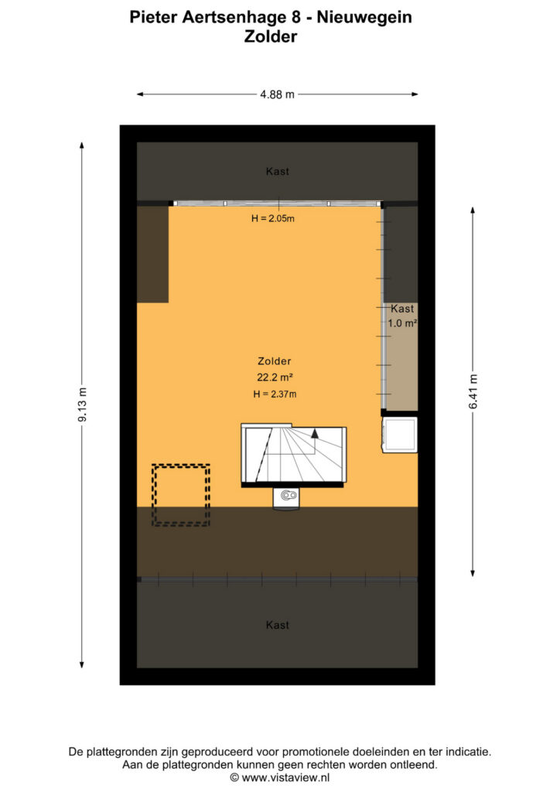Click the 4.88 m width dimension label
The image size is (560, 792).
(x=277, y=94)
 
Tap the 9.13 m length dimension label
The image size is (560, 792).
(x=82, y=405)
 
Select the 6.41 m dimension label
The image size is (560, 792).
(x=473, y=392)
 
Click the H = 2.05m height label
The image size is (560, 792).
(x=273, y=219)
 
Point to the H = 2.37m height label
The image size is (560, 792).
(x=275, y=394)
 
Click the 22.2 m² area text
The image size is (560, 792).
(x=275, y=377)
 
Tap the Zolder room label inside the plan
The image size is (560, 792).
(x=274, y=361)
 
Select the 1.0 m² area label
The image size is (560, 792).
(x=402, y=323)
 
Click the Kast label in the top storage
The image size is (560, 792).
(x=277, y=172)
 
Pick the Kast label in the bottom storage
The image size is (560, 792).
(x=277, y=625)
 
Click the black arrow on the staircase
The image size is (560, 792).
(x=315, y=433)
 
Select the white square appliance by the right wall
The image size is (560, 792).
(x=399, y=435)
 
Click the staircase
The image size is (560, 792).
(x=293, y=455)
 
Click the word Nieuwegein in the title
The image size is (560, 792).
(x=364, y=17)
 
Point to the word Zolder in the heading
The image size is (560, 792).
(x=271, y=36)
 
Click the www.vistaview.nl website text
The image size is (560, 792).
(x=285, y=778)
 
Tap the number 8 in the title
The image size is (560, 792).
(x=296, y=17)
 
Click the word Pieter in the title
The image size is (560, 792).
(x=153, y=17)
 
